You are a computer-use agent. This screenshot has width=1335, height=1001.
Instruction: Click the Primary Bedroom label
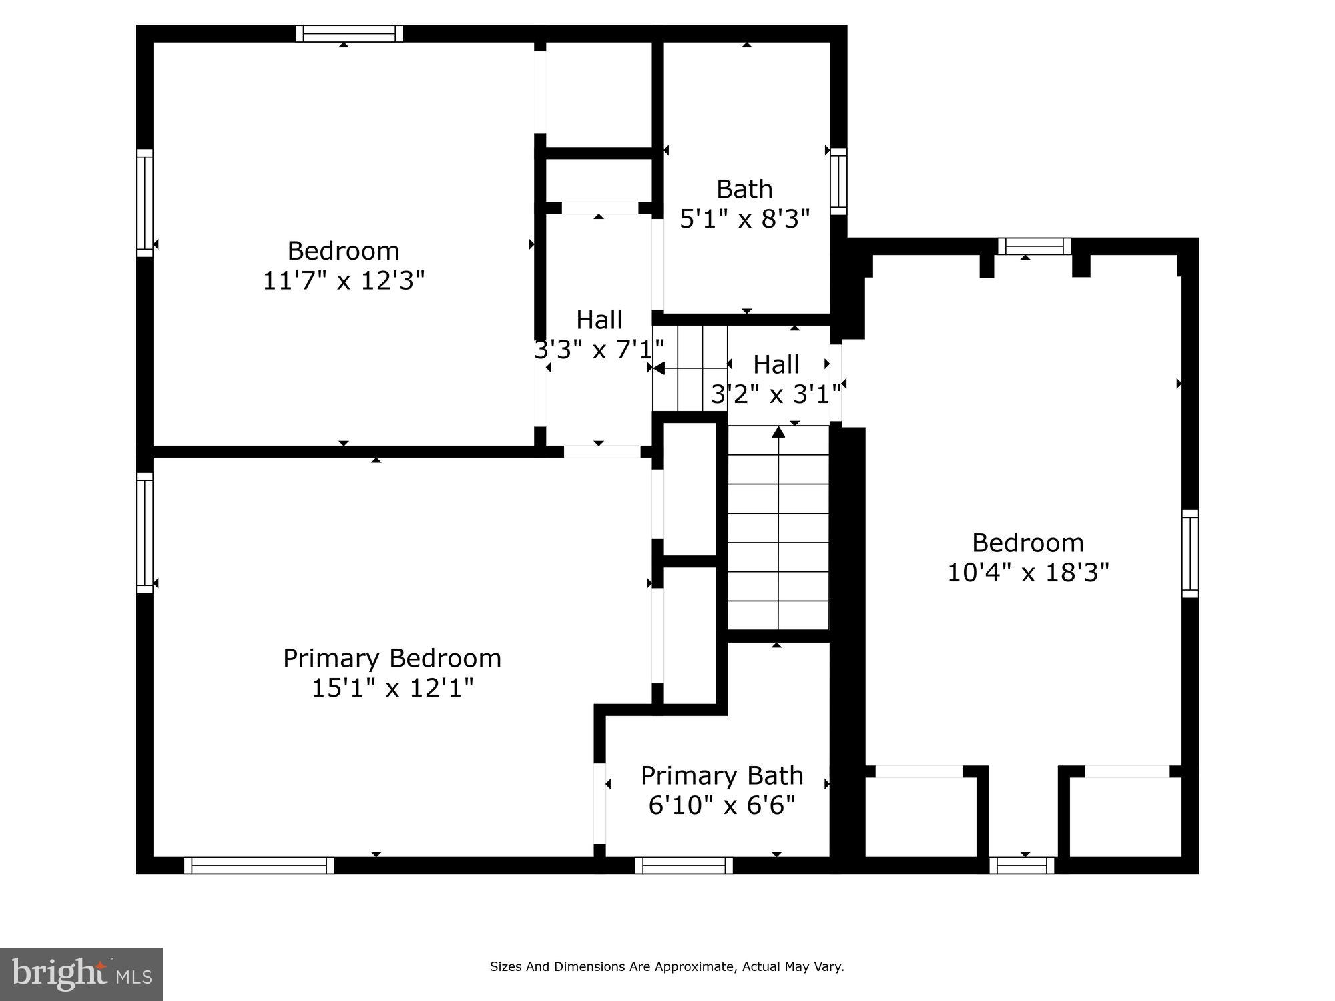(392, 658)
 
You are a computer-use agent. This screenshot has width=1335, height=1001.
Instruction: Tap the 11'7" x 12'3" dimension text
(343, 281)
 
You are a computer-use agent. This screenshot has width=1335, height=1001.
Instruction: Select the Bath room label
(744, 190)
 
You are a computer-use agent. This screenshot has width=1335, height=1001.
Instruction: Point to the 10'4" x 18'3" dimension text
(1028, 573)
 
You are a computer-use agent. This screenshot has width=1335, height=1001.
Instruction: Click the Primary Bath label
(722, 775)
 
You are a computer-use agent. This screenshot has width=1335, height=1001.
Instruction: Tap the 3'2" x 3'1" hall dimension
(776, 395)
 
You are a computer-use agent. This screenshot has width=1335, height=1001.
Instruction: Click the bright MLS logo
(81, 974)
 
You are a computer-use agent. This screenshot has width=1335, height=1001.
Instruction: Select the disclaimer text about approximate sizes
(667, 966)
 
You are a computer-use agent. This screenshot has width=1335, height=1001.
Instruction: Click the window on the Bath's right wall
(838, 182)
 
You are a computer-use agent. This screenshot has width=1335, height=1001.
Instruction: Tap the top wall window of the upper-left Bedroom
(349, 33)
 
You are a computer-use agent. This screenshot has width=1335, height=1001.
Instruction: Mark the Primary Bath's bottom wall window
(684, 866)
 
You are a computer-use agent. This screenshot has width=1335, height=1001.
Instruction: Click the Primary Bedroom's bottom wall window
(259, 866)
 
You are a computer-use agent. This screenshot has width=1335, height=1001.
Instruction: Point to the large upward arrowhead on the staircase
(778, 432)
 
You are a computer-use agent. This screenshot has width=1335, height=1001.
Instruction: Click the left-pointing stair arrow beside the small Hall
(658, 368)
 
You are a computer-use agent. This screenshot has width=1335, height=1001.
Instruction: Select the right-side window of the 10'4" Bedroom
(1190, 553)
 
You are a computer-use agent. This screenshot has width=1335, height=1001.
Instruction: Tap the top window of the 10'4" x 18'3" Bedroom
(1034, 246)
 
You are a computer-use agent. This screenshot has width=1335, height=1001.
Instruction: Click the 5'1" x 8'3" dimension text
(744, 219)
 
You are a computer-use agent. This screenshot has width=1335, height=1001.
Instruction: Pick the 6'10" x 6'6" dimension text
(722, 805)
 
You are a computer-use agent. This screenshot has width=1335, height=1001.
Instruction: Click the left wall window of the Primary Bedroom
(145, 533)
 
